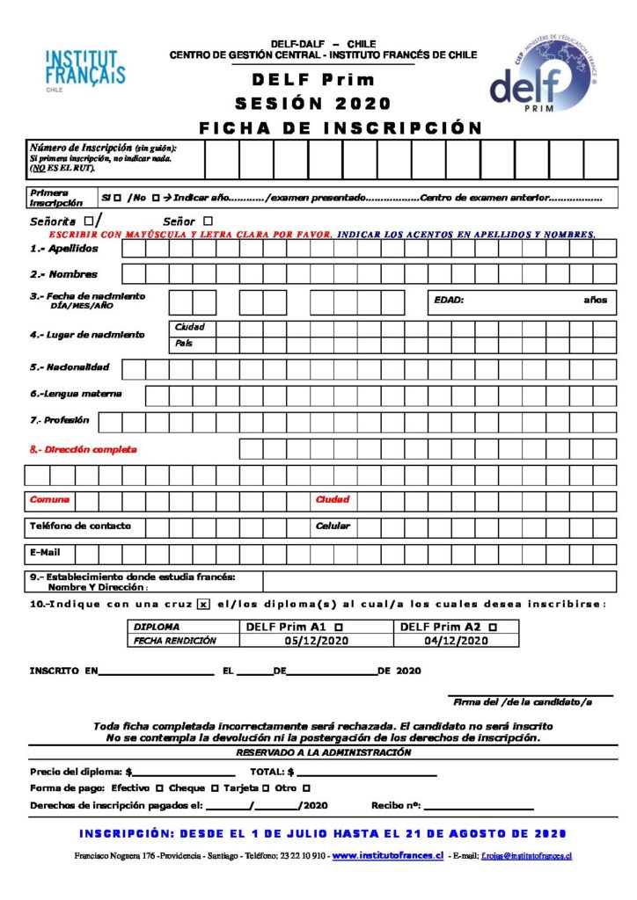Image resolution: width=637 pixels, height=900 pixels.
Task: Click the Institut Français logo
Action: point(84,69)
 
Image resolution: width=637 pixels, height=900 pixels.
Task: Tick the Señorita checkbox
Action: point(89,221)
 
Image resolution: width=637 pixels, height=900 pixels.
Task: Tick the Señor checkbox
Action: point(208,221)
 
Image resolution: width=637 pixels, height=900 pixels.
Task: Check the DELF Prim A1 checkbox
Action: point(340,627)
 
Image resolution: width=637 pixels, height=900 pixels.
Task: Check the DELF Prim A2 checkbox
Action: point(492,627)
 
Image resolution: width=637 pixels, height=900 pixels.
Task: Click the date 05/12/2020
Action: point(316,641)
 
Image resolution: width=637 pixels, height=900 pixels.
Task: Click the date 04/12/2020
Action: point(456,641)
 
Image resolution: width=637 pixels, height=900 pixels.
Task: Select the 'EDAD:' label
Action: point(449,301)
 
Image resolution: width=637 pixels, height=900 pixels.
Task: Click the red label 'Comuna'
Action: point(49,499)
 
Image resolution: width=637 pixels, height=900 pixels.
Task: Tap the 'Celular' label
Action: point(333,526)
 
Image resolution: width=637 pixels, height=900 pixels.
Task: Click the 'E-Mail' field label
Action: point(46,553)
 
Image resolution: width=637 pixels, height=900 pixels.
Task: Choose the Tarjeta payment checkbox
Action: point(265,788)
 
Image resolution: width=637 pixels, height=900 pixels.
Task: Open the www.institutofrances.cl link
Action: point(387,855)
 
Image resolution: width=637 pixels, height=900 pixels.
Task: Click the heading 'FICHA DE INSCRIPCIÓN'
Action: point(340,127)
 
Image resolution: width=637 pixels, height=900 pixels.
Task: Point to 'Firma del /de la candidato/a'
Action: point(522,701)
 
